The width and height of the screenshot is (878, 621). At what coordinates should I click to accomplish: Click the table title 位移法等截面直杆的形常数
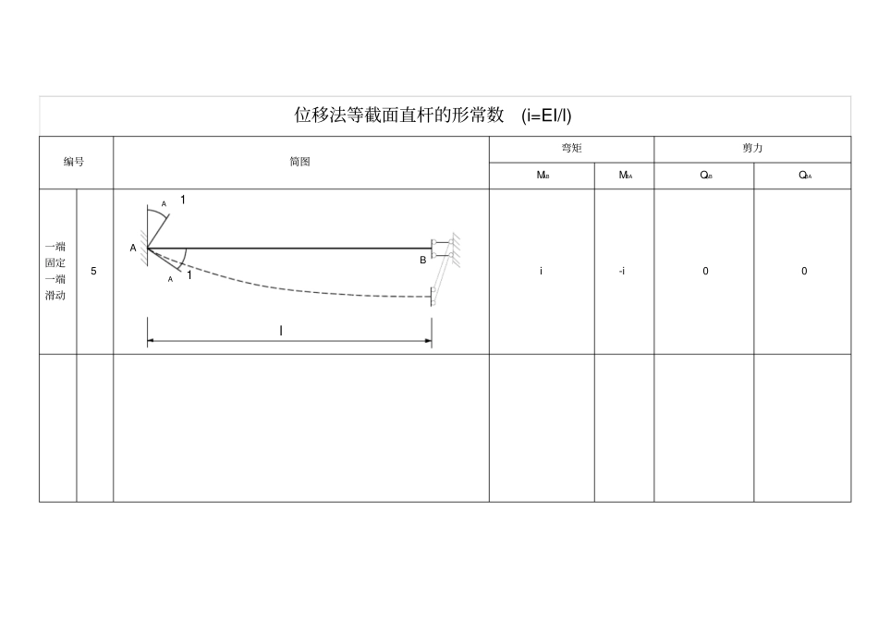(399, 116)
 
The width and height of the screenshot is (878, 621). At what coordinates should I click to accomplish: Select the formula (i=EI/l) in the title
(546, 116)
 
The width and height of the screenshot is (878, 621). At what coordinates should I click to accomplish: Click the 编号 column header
(74, 163)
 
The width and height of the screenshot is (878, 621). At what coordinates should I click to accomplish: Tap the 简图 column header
(299, 163)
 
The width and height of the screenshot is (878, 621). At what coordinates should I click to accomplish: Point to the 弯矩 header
(571, 149)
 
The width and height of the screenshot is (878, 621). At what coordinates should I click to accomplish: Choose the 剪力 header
(752, 149)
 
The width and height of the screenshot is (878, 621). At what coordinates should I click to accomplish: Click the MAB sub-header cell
(543, 176)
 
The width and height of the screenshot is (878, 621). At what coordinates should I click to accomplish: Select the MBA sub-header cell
(624, 176)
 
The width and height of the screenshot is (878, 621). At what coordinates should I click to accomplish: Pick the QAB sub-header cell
(704, 176)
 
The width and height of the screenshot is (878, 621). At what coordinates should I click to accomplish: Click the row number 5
(93, 272)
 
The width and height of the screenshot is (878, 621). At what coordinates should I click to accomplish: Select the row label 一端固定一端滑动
(55, 272)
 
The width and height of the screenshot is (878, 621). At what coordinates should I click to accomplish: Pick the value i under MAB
(542, 272)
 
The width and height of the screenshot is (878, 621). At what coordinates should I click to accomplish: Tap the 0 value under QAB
(705, 272)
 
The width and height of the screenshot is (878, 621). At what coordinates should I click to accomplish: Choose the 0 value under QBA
(804, 272)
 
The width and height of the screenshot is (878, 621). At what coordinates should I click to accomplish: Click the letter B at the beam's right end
(423, 261)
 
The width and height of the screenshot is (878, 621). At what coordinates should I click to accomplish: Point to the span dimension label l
(281, 330)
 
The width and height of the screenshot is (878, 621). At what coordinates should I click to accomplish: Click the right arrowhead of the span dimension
(428, 341)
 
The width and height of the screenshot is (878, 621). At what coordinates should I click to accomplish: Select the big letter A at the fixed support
(133, 249)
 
